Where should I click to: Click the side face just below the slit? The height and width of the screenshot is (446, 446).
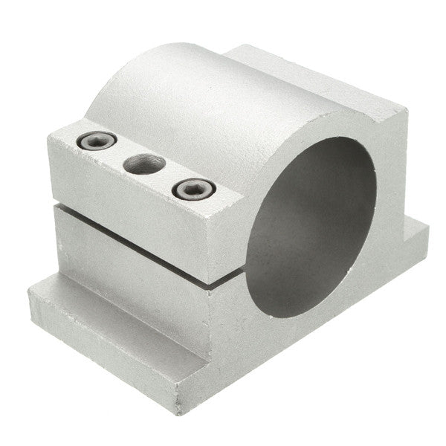coord(149,260)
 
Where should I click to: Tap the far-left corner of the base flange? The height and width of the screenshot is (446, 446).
coord(31,290)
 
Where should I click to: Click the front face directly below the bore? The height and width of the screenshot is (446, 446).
coord(297,334)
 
